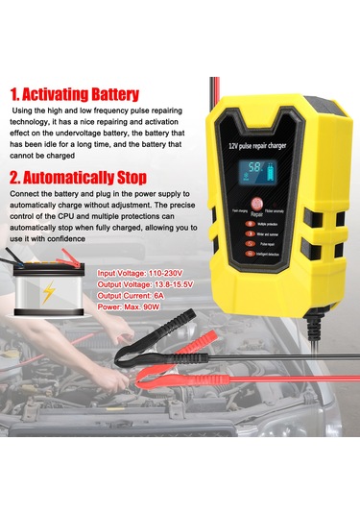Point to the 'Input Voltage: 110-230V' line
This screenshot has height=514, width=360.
tap(147, 274)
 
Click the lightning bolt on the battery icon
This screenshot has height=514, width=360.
tap(48, 293)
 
